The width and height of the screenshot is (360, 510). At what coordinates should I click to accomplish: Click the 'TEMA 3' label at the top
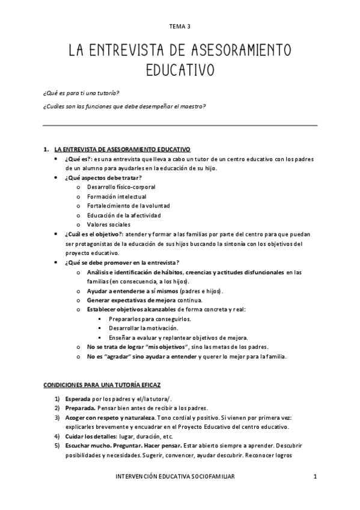tap(180, 26)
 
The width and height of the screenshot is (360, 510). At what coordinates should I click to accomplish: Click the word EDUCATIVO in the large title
tap(180, 70)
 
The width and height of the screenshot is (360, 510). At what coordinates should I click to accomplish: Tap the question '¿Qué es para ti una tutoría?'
tap(81, 93)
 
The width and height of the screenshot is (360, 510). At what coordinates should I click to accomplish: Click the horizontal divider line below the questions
tap(180, 125)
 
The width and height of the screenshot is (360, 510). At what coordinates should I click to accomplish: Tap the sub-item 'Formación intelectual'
tap(116, 197)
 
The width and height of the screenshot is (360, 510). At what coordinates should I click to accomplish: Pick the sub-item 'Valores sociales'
tap(108, 224)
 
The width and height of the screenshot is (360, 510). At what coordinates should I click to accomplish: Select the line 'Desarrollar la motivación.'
tap(143, 328)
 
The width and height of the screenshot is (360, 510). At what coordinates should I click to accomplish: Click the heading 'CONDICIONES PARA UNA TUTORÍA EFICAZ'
tap(105, 384)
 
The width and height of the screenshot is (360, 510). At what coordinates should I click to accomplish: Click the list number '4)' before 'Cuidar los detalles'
tap(57, 436)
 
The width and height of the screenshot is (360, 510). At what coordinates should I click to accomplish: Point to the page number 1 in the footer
tap(314, 476)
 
